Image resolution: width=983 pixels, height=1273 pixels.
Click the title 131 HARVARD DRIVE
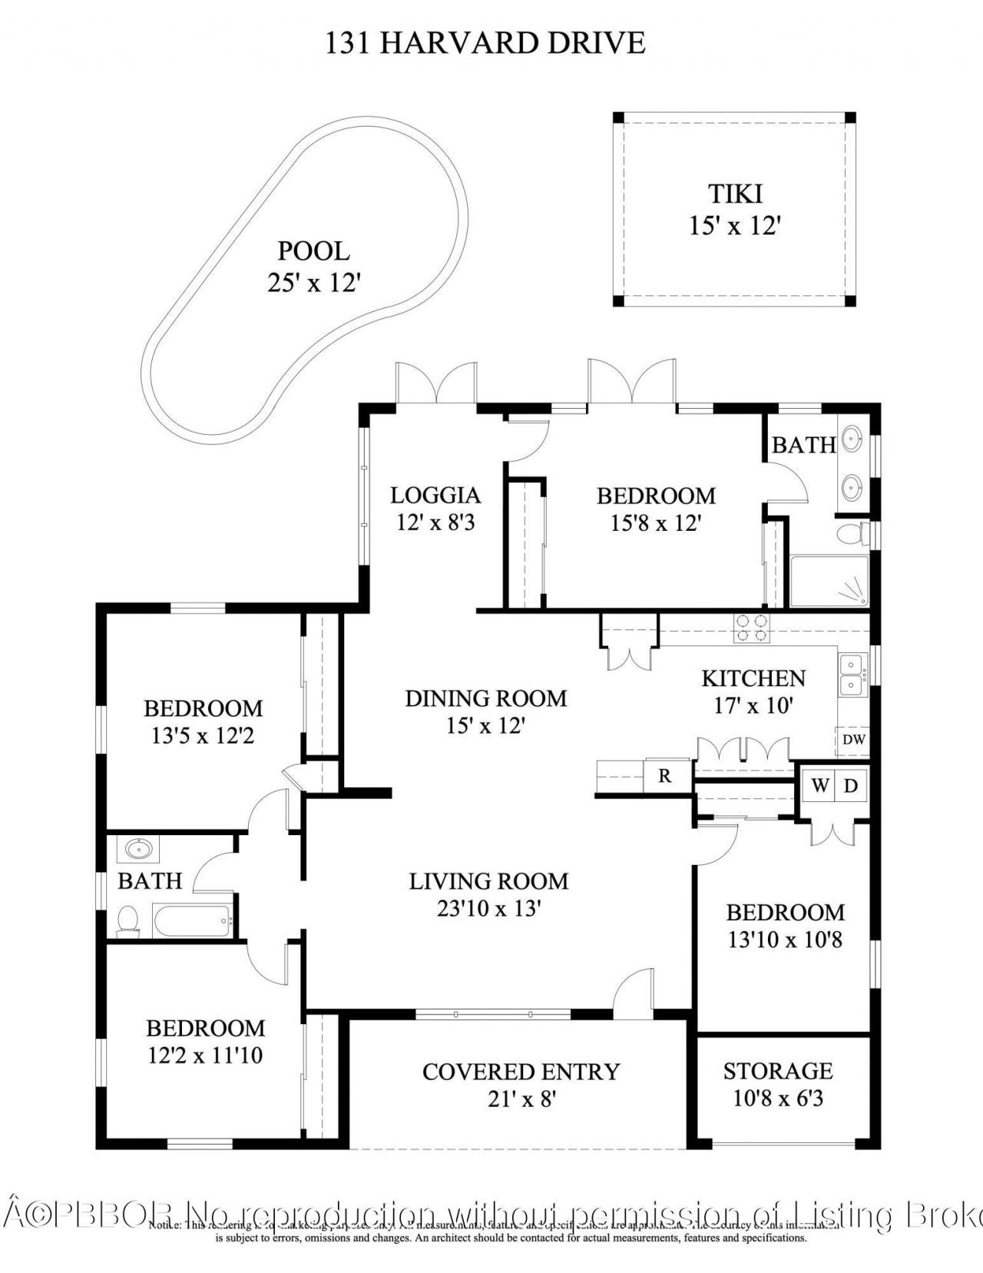click(x=485, y=43)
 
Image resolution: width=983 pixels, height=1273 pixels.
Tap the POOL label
click(x=313, y=251)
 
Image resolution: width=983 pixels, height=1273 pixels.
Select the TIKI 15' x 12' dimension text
click(x=735, y=226)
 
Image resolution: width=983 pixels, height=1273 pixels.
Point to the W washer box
click(x=820, y=786)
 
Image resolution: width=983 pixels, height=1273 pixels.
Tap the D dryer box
click(x=851, y=786)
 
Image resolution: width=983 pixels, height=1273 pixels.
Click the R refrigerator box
click(x=665, y=776)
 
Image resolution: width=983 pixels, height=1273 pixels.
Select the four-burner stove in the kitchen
click(x=751, y=628)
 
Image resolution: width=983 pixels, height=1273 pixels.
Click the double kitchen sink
click(x=851, y=674)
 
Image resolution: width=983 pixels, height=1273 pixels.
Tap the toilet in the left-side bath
click(x=127, y=920)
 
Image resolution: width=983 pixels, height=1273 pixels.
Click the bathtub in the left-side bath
click(x=192, y=920)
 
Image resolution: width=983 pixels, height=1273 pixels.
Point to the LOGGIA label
click(x=435, y=495)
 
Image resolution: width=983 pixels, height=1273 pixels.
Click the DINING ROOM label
click(x=485, y=698)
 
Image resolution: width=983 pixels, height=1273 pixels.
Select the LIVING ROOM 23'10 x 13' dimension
click(x=489, y=909)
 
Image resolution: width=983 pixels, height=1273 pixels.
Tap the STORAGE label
click(x=778, y=1070)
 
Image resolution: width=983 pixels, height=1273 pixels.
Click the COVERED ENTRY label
click(x=521, y=1072)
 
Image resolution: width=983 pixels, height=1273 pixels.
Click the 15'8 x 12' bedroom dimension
click(x=657, y=524)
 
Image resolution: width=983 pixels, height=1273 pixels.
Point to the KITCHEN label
click(x=753, y=678)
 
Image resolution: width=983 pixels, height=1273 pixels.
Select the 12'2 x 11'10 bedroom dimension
click(x=205, y=1056)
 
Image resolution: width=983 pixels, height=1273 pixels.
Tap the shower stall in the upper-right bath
click(x=829, y=582)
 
